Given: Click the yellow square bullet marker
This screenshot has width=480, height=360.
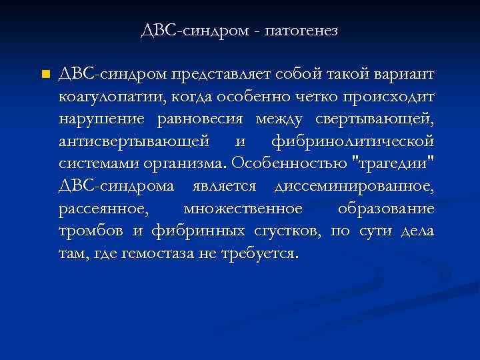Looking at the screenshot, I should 45,73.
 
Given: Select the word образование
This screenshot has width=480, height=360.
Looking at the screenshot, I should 386,210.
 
